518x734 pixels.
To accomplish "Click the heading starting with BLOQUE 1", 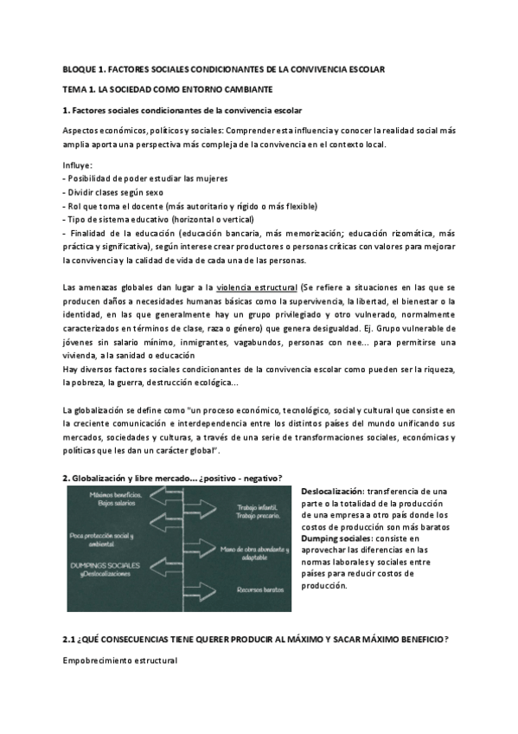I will [x=224, y=68].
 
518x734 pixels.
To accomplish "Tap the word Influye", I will [x=79, y=164].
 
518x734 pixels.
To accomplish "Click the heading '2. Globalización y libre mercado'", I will [x=173, y=479].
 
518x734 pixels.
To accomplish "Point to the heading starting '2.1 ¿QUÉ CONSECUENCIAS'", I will [x=255, y=639].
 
